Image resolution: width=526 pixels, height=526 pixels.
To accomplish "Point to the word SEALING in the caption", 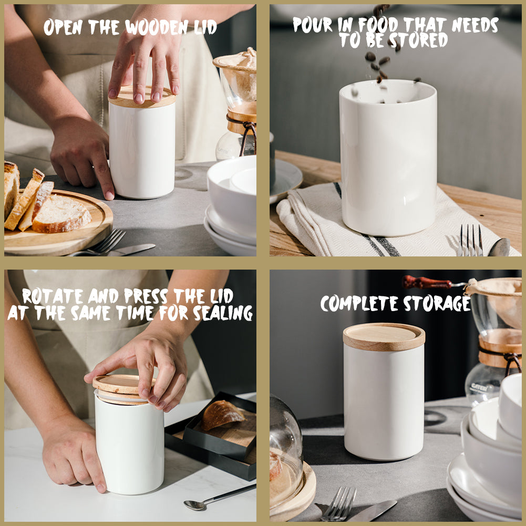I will [x=223, y=313].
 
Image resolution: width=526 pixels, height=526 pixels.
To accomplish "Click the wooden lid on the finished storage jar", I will [x=384, y=336].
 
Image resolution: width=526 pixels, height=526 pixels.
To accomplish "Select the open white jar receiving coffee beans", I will [x=388, y=158].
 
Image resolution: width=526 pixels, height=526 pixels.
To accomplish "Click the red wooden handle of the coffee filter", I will [x=426, y=283].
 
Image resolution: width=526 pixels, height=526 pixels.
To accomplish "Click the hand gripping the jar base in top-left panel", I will [x=84, y=158].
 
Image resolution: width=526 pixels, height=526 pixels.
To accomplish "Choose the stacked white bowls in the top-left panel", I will [x=231, y=205].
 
